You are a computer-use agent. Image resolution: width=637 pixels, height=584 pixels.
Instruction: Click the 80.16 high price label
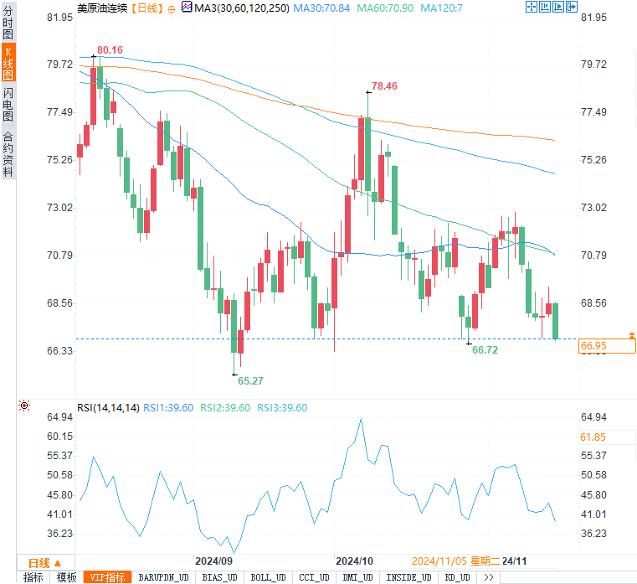[x=110, y=50]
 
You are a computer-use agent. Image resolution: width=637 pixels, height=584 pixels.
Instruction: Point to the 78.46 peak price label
[x=384, y=86]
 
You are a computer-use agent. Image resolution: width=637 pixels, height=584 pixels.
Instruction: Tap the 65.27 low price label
[x=250, y=380]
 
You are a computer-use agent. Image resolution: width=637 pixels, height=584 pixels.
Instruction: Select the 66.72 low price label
[x=485, y=350]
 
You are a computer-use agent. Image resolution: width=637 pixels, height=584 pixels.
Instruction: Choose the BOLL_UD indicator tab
[x=267, y=577]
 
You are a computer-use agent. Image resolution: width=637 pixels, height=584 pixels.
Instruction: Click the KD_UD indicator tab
[x=457, y=577]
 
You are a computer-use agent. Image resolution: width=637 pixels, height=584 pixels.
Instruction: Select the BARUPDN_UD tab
[x=163, y=577]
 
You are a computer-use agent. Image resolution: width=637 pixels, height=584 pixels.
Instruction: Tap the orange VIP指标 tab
[x=109, y=577]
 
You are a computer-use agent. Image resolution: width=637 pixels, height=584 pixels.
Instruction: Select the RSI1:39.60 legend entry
[x=168, y=408]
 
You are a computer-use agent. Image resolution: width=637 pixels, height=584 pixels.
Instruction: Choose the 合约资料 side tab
[x=8, y=154]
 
